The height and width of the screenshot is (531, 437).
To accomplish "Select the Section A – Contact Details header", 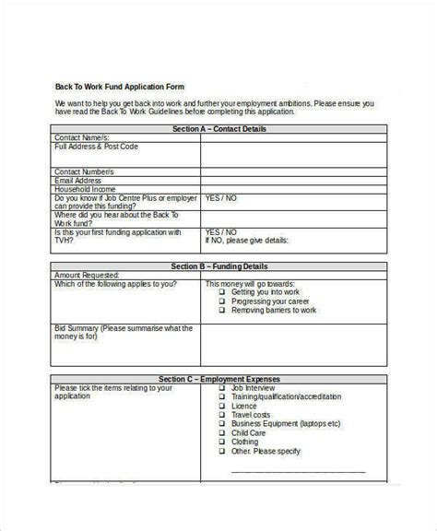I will (x=218, y=129).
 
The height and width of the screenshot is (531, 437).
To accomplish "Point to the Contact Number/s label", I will (x=86, y=171).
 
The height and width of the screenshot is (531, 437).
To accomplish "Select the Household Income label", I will (x=86, y=189).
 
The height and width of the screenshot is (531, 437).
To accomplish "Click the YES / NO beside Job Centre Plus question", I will (x=220, y=198).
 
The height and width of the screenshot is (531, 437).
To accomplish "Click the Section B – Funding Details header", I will (x=218, y=265).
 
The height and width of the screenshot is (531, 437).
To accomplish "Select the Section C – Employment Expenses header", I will (x=218, y=379).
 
